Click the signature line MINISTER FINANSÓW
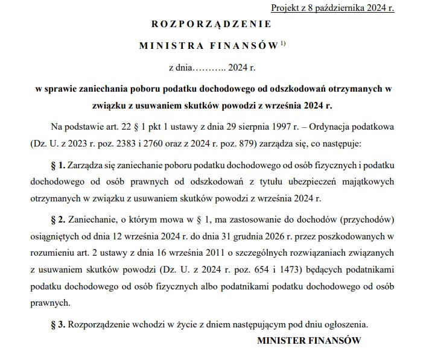pyautogui.click(x=309, y=341)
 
